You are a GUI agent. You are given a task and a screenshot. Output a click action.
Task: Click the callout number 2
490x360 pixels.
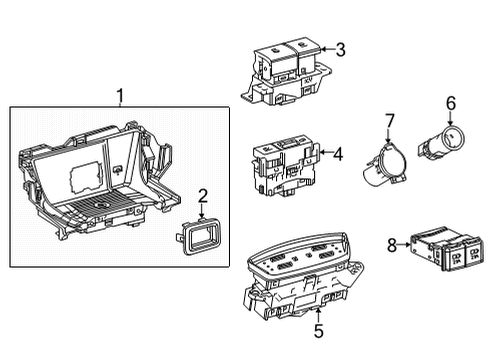click(x=202, y=196)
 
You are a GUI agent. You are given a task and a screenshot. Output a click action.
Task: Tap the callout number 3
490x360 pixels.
click(x=340, y=49)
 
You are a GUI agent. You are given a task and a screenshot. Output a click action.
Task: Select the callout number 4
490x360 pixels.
click(x=340, y=154)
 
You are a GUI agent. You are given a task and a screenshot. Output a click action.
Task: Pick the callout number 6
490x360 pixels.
click(x=450, y=102)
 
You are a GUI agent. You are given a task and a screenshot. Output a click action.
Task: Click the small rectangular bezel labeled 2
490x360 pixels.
click(x=200, y=239)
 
